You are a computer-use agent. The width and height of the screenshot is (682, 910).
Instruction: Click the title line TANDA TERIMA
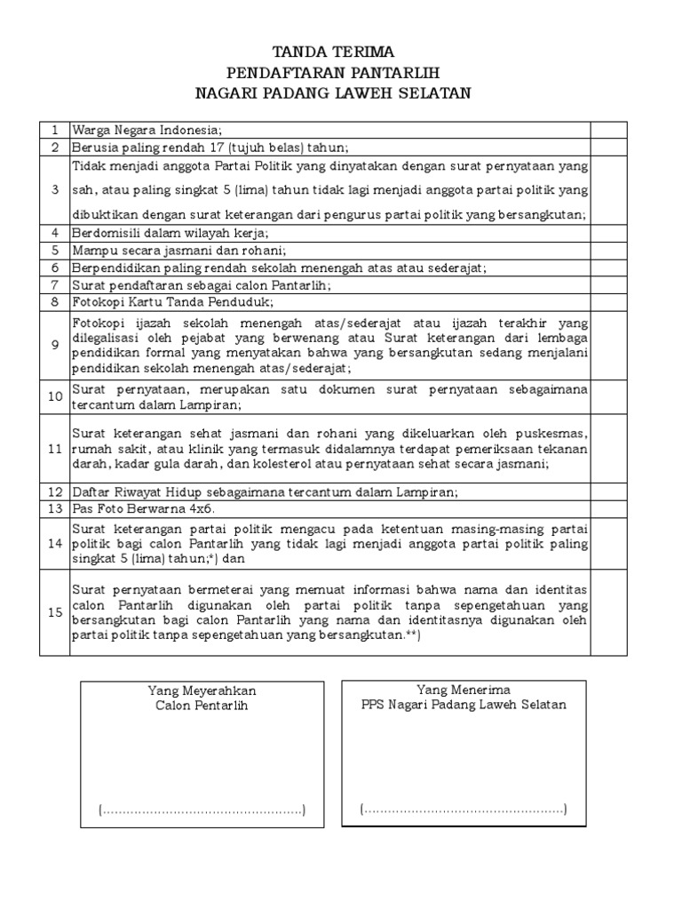(334, 52)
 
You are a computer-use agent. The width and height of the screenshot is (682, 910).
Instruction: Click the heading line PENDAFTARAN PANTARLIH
(334, 72)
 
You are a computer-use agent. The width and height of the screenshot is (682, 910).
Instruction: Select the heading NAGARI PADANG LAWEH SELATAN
(334, 92)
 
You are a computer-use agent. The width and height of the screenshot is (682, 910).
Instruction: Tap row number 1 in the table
(55, 131)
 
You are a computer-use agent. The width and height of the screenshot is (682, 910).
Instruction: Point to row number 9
(55, 344)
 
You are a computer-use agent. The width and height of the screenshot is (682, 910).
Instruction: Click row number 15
(55, 612)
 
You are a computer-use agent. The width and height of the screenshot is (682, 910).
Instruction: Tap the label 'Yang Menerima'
(464, 690)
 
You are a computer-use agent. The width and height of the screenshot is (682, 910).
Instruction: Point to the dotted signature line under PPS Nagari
(464, 809)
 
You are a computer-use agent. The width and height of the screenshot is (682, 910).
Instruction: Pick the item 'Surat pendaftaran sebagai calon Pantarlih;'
(201, 284)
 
